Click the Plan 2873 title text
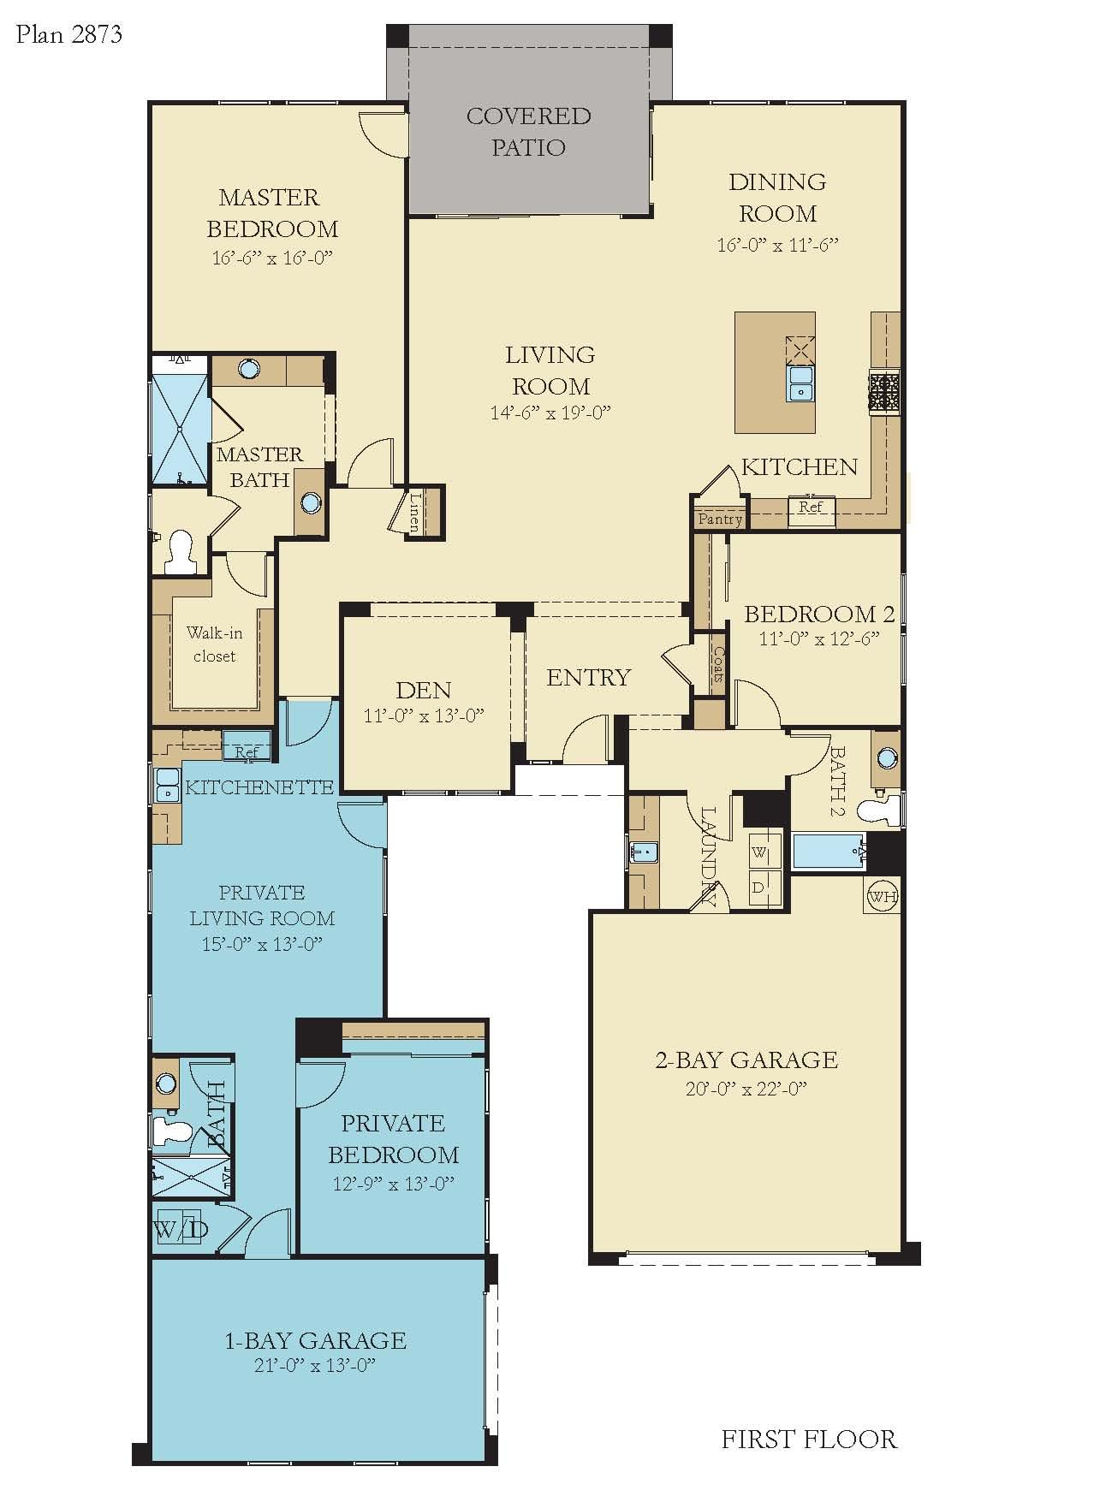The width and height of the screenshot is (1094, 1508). click(69, 34)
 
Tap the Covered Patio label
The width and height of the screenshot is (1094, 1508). click(528, 132)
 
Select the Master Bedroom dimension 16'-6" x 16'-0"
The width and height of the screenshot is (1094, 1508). click(272, 258)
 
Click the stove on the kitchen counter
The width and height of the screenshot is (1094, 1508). click(885, 394)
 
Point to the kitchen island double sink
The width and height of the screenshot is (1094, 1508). click(801, 383)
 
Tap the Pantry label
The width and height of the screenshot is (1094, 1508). click(720, 519)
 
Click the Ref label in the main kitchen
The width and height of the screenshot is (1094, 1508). click(811, 507)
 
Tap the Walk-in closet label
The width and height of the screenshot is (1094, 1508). click(214, 644)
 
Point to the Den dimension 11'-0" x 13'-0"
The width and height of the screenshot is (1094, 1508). click(425, 715)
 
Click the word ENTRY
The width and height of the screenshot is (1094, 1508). click(588, 678)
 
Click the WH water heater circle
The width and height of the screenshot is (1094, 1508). click(882, 897)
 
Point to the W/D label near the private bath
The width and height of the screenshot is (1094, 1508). click(181, 1230)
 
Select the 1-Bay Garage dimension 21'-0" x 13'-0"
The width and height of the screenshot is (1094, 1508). click(314, 1365)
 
